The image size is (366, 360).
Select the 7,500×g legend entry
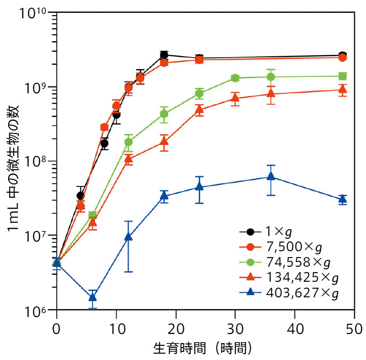pos(293,248)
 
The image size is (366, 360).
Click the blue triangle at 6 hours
pos(92,297)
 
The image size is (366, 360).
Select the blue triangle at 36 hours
pos(271,176)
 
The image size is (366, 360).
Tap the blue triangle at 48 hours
pos(342,199)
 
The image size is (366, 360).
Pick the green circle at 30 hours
pos(235,78)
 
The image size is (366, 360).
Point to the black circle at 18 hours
pos(164,55)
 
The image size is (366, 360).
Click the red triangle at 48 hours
pos(342,89)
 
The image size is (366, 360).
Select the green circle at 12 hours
pos(129,142)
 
